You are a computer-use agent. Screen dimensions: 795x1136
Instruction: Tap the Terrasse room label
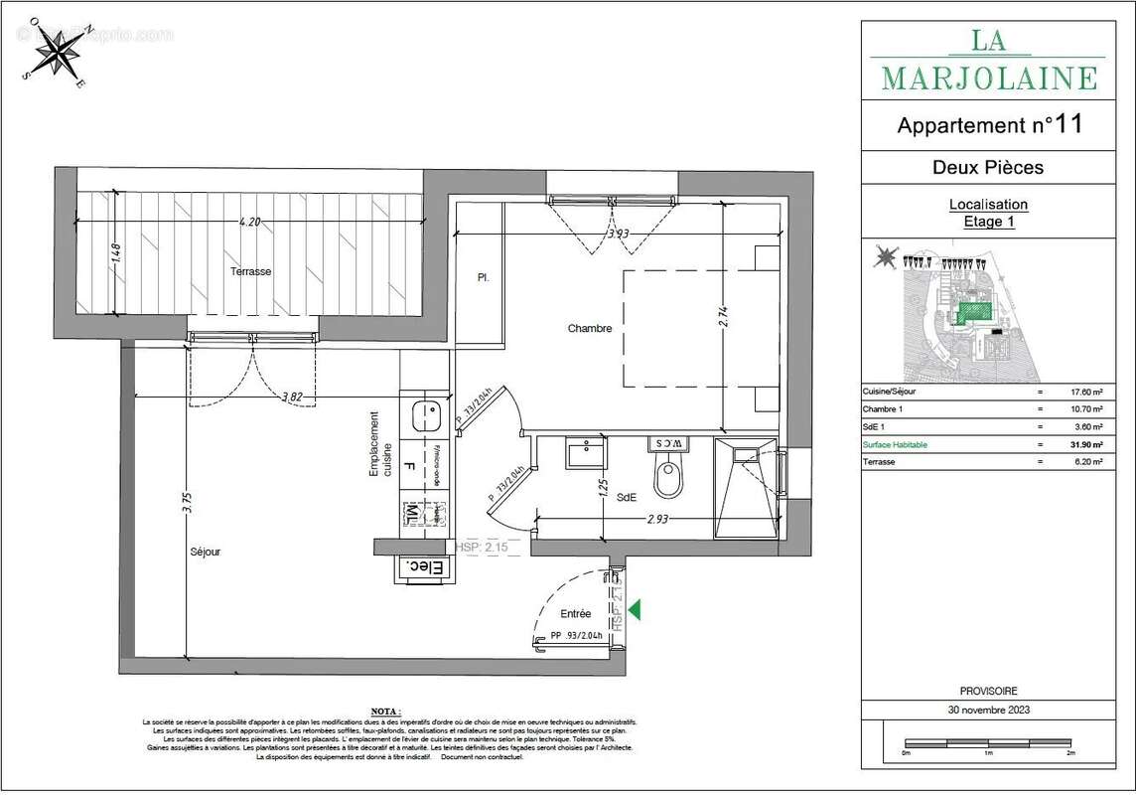[x=250, y=271]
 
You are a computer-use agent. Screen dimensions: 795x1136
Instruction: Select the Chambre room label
[x=590, y=328]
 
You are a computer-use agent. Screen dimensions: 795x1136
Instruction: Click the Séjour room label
[x=206, y=551]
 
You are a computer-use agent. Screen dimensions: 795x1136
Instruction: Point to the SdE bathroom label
[x=628, y=496]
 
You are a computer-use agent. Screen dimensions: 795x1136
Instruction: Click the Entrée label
[x=575, y=613]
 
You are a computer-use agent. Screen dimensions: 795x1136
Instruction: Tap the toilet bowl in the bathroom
[x=667, y=478]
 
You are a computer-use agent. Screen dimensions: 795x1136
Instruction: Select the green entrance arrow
[x=634, y=609]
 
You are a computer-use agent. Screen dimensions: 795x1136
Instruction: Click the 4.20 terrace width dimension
[x=249, y=223]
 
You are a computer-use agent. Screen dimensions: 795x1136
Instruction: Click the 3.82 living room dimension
[x=292, y=397]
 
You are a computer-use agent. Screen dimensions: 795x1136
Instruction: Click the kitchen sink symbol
[x=428, y=413]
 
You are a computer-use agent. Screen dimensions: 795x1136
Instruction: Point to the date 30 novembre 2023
[x=988, y=710]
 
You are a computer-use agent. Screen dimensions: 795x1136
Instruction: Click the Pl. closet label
[x=484, y=278]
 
